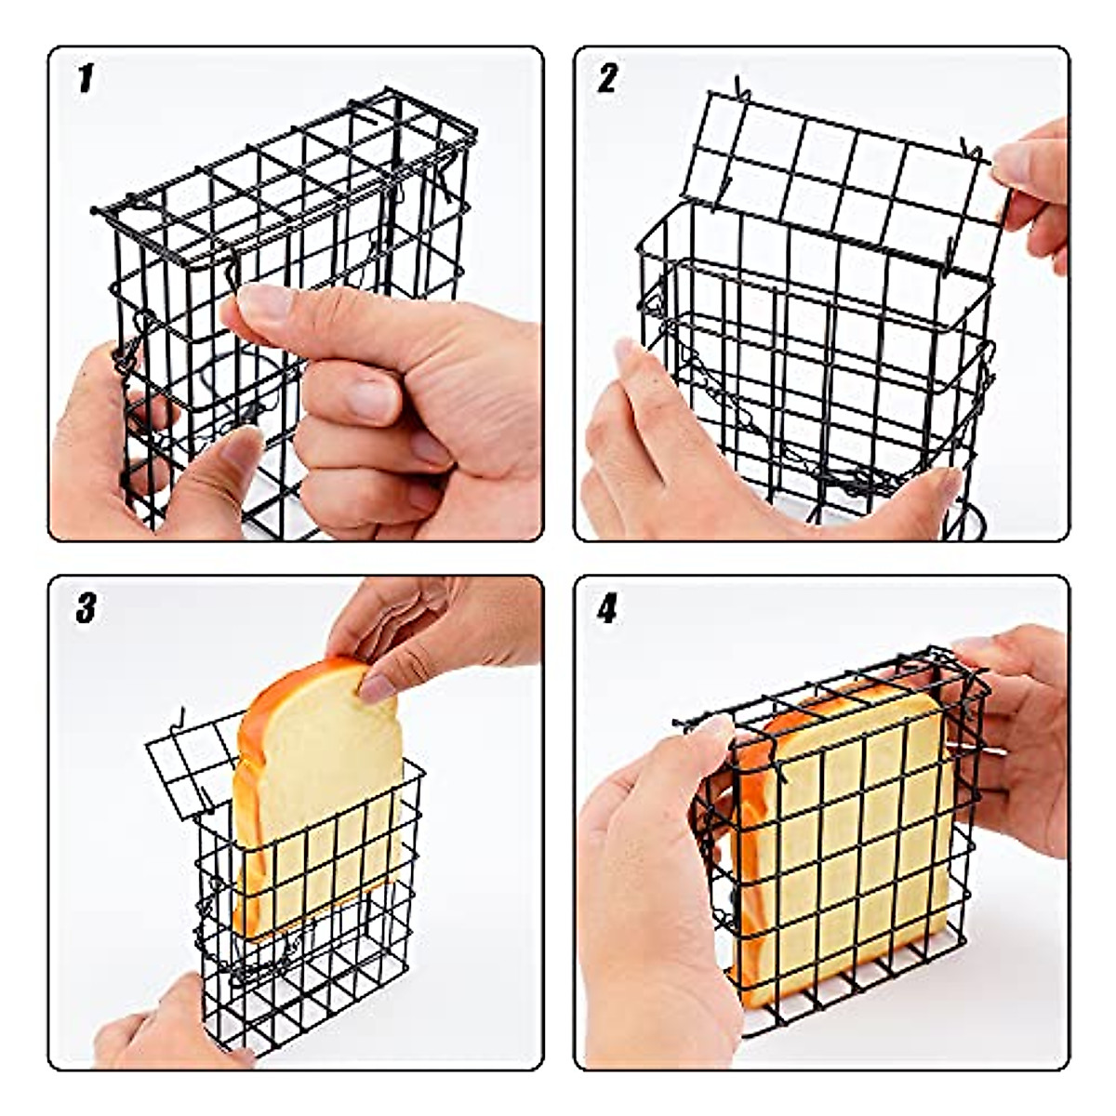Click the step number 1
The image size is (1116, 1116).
click(x=86, y=80)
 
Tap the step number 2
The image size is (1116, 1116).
click(x=607, y=79)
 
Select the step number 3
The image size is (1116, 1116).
click(x=86, y=609)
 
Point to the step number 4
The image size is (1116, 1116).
click(x=607, y=610)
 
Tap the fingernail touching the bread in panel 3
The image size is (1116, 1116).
click(x=378, y=687)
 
